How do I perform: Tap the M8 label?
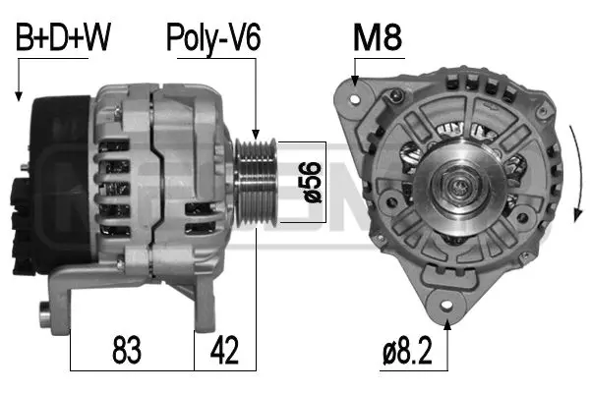click(x=379, y=39)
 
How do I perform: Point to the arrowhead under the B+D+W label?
click(x=19, y=97)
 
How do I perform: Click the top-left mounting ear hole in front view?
click(x=357, y=96)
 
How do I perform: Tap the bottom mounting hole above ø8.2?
click(x=448, y=301)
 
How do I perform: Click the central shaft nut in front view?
click(x=457, y=183)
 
